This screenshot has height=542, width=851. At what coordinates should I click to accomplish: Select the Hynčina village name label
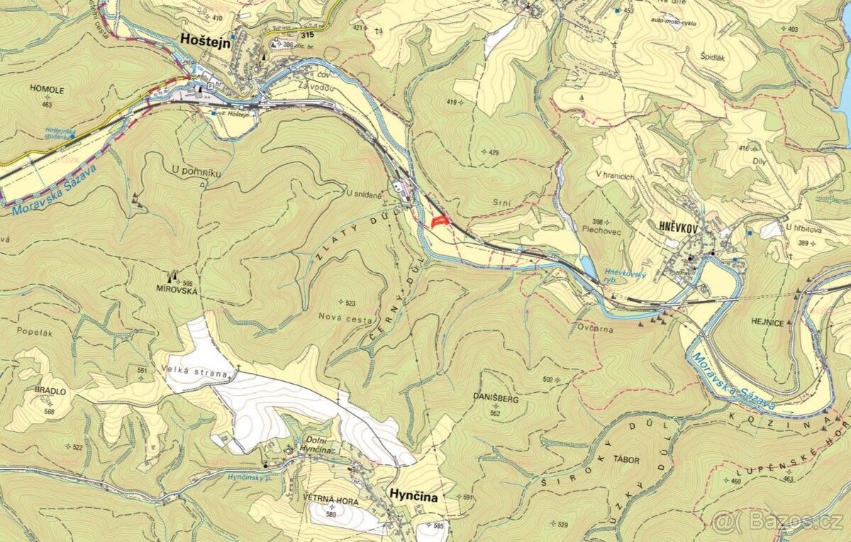point(413,497)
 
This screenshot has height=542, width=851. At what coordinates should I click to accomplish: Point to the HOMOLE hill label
point(48,90)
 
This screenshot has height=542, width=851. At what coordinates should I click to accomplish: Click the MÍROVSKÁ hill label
point(177,290)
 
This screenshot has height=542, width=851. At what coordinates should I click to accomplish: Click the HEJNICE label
point(769,323)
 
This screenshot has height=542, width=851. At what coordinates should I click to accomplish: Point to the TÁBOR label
point(625,460)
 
